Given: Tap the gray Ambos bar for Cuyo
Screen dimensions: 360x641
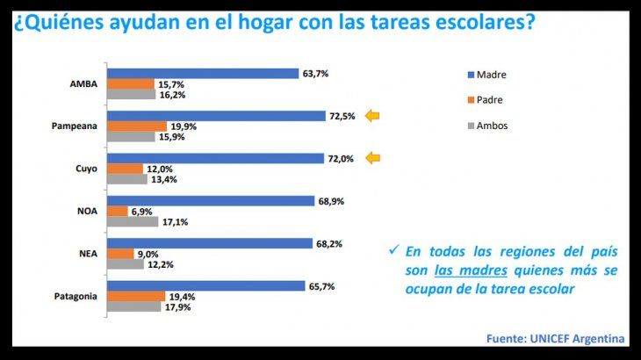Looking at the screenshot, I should coord(126,179).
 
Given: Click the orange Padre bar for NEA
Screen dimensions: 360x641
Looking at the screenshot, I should coord(119,254).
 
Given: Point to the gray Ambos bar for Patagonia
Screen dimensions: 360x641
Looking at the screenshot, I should coord(133,307).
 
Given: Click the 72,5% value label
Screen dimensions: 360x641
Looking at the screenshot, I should coord(342,116).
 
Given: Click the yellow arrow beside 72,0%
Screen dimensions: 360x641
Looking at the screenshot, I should coord(373,158).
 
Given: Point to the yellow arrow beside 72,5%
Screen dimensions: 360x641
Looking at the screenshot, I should coord(373,116).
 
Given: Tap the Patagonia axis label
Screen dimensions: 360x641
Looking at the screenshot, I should coord(74,296).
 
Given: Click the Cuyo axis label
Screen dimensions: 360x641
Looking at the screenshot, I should coord(85,169).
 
